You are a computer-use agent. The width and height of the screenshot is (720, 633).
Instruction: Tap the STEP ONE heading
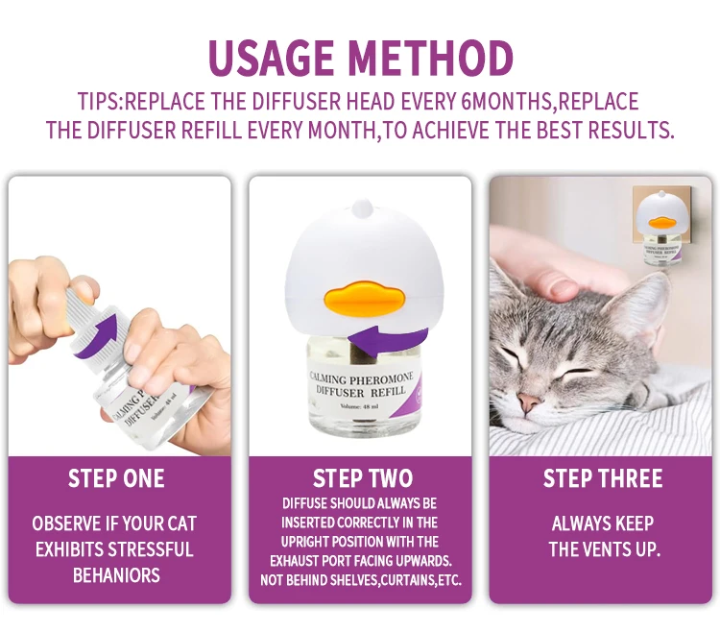click(x=116, y=478)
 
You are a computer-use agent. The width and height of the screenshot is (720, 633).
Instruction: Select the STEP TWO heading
click(x=363, y=478)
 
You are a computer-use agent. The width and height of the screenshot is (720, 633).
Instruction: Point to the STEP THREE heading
click(x=603, y=478)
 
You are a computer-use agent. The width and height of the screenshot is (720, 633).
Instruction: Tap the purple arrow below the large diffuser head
click(x=388, y=341)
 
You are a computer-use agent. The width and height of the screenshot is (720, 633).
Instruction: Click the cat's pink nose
click(x=529, y=402)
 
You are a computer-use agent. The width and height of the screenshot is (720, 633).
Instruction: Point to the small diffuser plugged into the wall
click(x=661, y=229)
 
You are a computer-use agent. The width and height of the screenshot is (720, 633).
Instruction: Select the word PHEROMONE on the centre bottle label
click(x=381, y=379)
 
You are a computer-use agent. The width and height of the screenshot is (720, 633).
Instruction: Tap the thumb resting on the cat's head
click(x=557, y=287)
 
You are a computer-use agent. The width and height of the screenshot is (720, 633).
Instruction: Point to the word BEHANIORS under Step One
click(x=116, y=575)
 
